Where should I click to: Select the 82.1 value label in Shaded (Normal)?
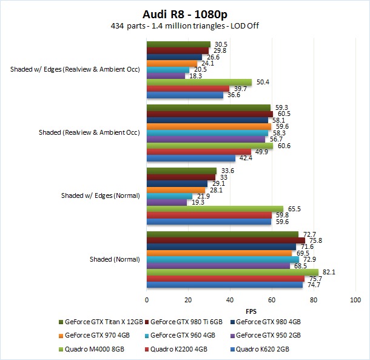[x=328, y=272]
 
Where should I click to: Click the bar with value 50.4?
[x=199, y=82]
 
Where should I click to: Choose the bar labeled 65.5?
[x=215, y=208]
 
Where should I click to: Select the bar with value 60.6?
[x=210, y=145]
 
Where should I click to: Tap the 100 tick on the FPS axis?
[x=355, y=300]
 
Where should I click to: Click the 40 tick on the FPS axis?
[x=230, y=300]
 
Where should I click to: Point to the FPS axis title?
[x=251, y=310]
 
